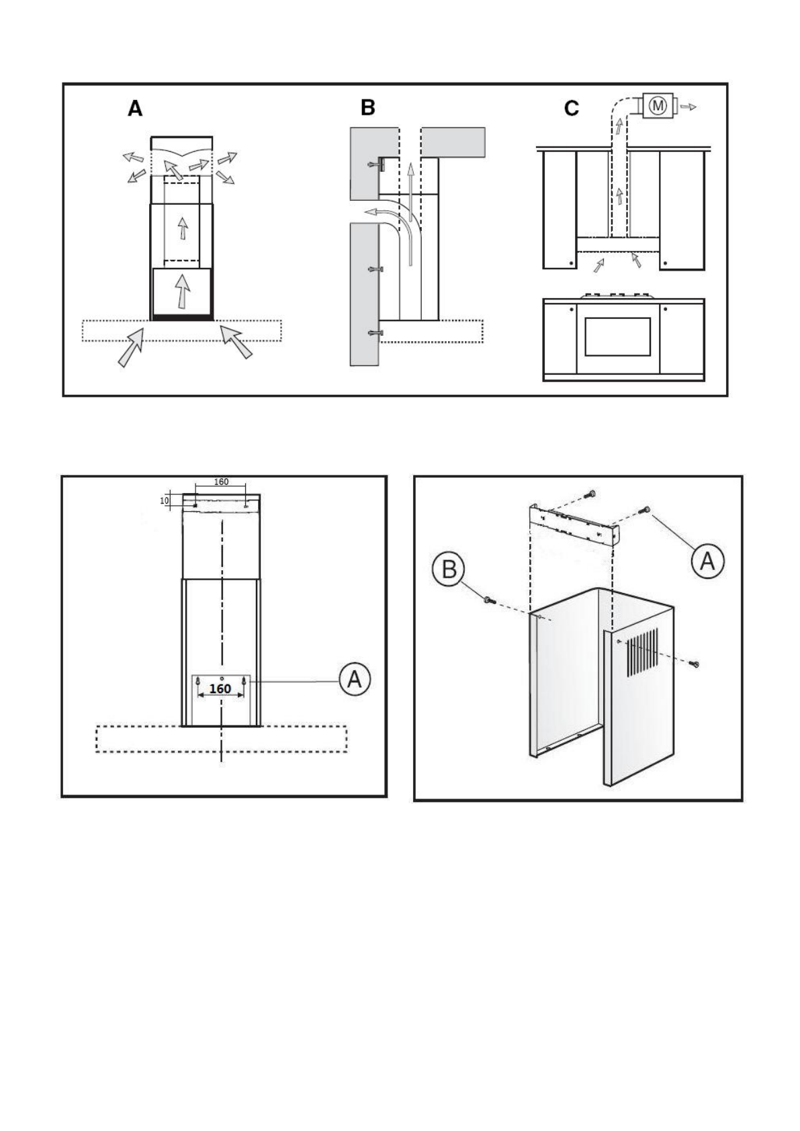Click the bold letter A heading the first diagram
pos(135,109)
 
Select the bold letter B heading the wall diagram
pos(367,107)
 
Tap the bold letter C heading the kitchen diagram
pos(571,108)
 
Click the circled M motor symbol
pos(658,105)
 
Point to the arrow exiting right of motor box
pos(688,106)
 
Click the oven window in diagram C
pos(617,336)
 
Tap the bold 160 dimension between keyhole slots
pos(220,688)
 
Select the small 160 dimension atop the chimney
pos(221,482)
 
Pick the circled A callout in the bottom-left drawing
pos(354,680)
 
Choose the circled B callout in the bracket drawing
pos(448,570)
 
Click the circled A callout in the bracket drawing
pos(707,561)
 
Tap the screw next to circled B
pos(488,599)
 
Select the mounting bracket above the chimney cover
pos(574,525)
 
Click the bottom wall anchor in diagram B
pos(375,333)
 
